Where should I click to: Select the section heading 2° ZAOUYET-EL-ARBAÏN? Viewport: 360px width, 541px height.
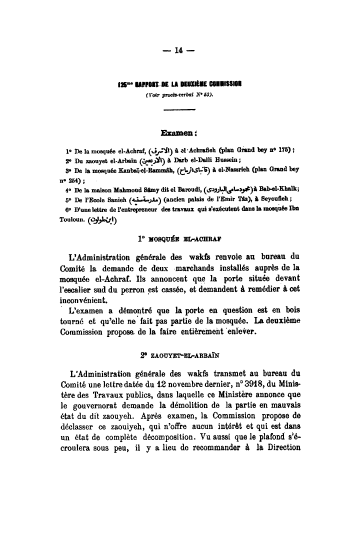tap(180, 356)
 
